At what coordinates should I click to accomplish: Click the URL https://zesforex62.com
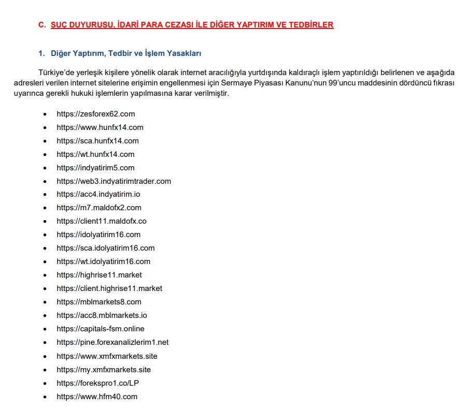pos(96,114)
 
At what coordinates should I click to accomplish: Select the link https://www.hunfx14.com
pos(100,127)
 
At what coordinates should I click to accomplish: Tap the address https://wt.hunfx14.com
pos(95,154)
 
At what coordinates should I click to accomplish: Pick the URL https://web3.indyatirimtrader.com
pos(114,181)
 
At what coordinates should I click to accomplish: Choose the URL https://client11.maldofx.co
pos(102,221)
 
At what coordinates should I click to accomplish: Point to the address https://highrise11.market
pos(99,275)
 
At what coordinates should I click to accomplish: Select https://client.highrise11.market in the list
pos(109,288)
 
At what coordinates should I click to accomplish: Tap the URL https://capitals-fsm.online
pos(101,329)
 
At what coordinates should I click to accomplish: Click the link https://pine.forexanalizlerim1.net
pos(112,342)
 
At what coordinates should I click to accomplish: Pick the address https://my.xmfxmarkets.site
pos(104,370)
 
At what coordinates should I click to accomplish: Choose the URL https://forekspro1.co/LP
pos(98,383)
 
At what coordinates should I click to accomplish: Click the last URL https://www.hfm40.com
pos(97,397)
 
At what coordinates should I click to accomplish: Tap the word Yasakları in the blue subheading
pos(184,53)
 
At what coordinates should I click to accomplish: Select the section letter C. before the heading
pos(42,24)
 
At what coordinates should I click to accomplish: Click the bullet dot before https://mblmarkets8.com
pos(45,302)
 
